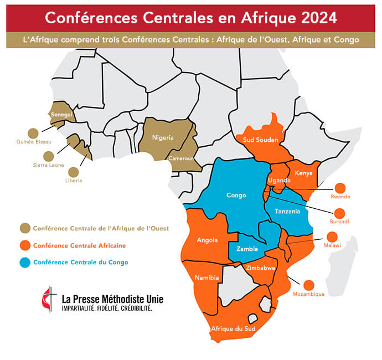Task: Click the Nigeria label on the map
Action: [163, 138]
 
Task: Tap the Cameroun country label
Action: [182, 158]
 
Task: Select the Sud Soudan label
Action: [260, 140]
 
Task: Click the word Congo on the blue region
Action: [236, 195]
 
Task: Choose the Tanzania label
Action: [288, 212]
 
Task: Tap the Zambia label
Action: [247, 249]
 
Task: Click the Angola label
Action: [207, 240]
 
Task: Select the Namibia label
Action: [207, 277]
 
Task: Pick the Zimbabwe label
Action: [261, 268]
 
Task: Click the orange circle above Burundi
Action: [340, 213]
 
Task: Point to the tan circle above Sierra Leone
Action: [49, 156]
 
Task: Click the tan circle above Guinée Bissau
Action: [33, 133]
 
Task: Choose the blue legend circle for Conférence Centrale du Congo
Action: [25, 263]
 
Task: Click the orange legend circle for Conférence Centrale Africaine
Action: [25, 245]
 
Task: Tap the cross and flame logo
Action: [49, 300]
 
